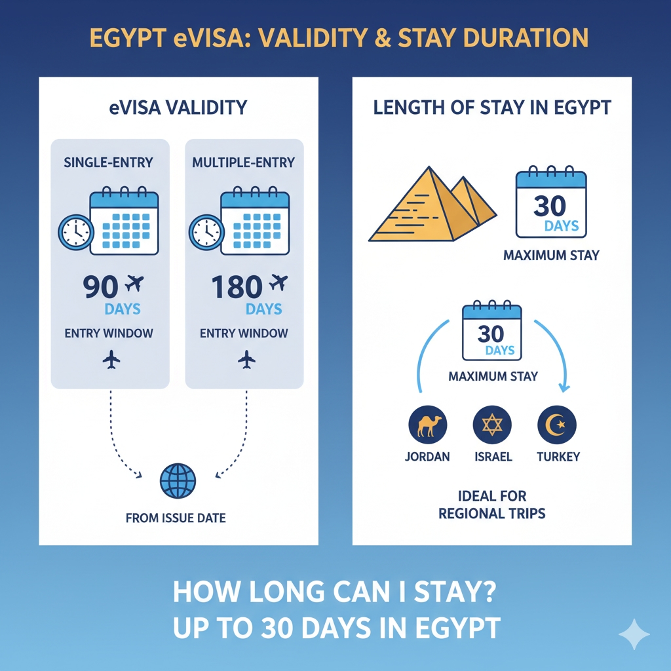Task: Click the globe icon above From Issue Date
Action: (178, 480)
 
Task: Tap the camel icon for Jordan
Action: (427, 425)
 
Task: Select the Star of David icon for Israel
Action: (492, 425)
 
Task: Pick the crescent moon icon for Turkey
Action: (557, 425)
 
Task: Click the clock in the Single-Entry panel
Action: (76, 233)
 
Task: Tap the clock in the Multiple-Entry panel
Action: (206, 233)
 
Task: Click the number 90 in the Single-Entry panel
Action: (100, 287)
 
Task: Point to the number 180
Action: (237, 287)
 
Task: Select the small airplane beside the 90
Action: (134, 283)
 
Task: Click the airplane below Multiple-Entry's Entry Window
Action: (246, 360)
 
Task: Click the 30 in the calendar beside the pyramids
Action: (550, 206)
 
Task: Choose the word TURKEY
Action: (558, 457)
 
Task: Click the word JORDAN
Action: (427, 457)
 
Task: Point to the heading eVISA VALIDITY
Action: (178, 107)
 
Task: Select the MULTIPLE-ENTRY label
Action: (244, 163)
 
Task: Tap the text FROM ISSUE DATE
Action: (176, 518)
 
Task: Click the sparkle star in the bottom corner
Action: (634, 634)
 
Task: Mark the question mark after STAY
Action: (488, 592)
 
